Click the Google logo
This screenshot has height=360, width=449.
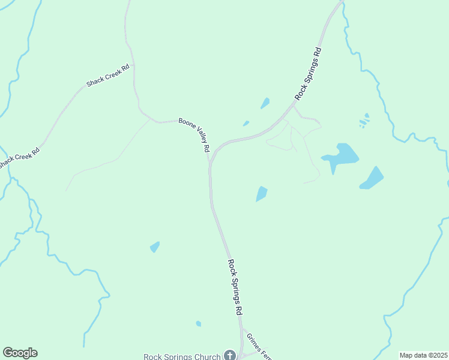(x=20, y=353)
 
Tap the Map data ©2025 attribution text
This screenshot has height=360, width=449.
(x=423, y=355)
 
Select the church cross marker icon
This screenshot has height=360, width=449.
(x=229, y=355)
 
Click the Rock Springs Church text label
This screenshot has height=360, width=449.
(x=182, y=356)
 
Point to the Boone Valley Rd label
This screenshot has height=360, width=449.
(x=194, y=135)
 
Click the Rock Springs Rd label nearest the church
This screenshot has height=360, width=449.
(x=235, y=287)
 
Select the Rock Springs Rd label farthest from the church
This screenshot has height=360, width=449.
(x=309, y=74)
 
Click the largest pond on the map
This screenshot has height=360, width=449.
(x=341, y=156)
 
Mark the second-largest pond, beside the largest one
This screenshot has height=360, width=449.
(x=372, y=178)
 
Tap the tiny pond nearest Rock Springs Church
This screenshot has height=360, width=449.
(x=199, y=324)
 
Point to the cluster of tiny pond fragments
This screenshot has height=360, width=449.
(x=364, y=121)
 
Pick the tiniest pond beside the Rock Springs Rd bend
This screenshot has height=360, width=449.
(x=246, y=124)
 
